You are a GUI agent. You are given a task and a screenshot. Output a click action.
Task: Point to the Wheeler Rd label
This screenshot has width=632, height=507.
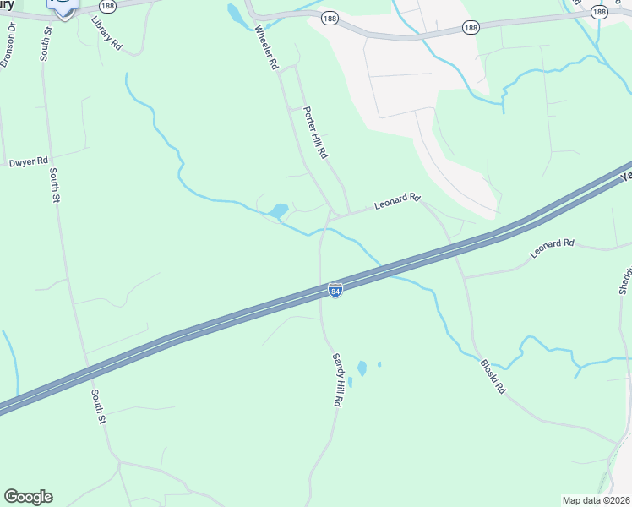266,47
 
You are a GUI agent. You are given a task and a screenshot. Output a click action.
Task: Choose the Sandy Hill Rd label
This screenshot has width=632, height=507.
339,381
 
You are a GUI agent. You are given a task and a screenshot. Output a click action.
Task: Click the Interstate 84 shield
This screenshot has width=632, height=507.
335,290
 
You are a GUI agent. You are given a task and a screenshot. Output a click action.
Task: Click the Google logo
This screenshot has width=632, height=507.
28,497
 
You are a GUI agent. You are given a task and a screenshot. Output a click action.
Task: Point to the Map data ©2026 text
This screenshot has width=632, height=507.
596,500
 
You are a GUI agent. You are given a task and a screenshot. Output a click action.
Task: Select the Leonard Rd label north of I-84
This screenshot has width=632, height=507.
397,201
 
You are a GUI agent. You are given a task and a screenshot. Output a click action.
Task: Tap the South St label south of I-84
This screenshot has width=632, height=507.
98,406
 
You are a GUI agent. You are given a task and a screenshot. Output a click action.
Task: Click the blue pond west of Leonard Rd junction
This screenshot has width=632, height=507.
277,210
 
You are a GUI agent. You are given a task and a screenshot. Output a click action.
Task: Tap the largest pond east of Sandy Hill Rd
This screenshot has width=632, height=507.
362,368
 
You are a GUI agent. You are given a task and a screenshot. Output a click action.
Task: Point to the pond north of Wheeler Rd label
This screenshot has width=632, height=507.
234,13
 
